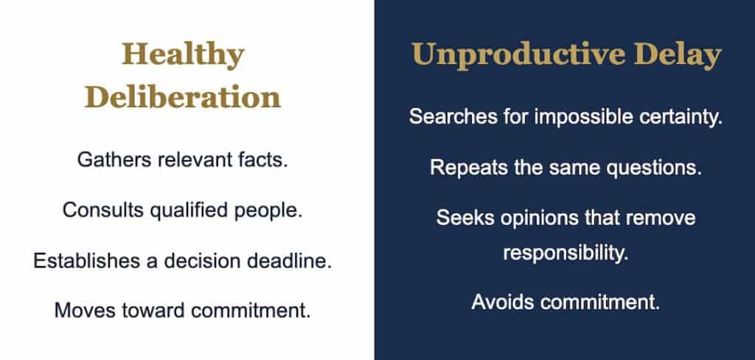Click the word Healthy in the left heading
tap(183, 55)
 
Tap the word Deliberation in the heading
tap(183, 97)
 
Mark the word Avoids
tap(503, 302)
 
